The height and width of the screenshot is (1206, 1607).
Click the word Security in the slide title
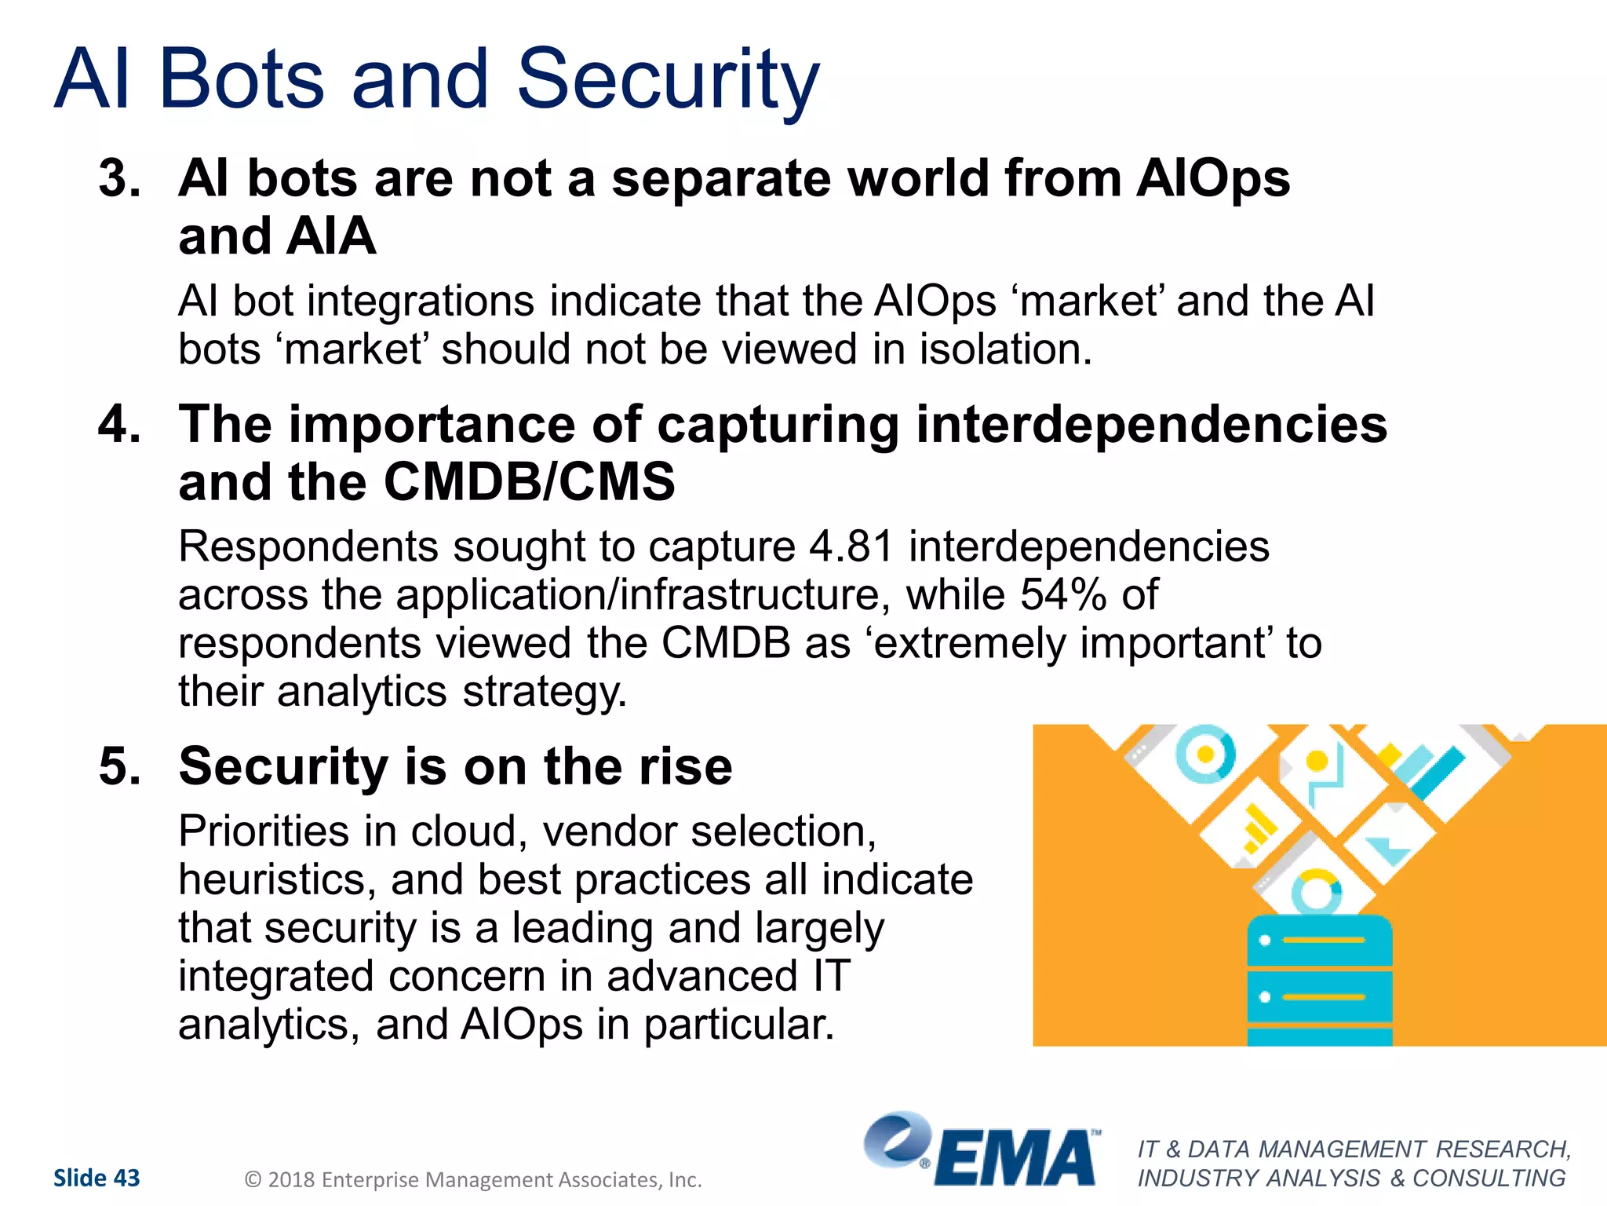click(x=668, y=80)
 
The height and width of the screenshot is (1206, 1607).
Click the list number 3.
click(x=119, y=178)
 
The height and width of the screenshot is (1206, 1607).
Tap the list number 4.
click(x=119, y=424)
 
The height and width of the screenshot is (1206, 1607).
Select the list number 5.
click(x=119, y=766)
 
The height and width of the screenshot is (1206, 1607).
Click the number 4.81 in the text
click(x=851, y=547)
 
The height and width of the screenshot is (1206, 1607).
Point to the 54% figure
click(x=1062, y=595)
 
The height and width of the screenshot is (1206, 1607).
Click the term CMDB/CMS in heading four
click(x=529, y=482)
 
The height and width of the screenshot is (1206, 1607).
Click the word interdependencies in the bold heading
click(x=1151, y=425)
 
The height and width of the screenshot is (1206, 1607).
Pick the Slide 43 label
click(x=97, y=1178)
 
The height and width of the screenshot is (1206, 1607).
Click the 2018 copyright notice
click(x=473, y=1179)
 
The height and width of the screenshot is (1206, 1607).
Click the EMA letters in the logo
click(x=1014, y=1159)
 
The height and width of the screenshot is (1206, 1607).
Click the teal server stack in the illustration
click(x=1319, y=981)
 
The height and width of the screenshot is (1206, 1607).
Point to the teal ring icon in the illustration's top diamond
click(x=1205, y=753)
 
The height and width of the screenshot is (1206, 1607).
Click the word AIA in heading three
click(x=331, y=236)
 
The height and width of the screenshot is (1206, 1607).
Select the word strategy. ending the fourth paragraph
click(x=545, y=693)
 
